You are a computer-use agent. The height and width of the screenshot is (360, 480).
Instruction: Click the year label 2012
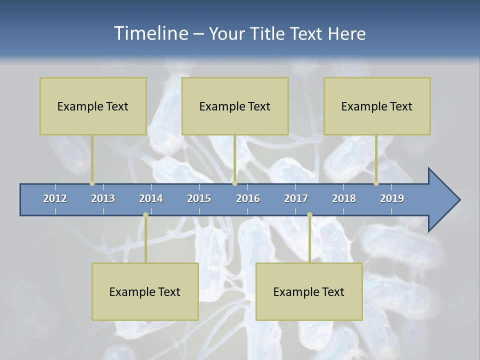[x=55, y=198]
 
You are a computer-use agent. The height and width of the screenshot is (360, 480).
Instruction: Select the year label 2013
[x=103, y=198]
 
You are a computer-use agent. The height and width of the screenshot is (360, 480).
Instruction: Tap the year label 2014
[x=151, y=198]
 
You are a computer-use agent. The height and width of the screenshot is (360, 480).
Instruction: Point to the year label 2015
[x=199, y=198]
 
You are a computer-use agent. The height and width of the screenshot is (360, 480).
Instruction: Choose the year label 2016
[x=248, y=198]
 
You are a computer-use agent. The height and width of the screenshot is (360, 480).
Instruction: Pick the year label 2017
[x=296, y=198]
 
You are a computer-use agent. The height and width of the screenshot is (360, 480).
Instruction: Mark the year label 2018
[x=344, y=198]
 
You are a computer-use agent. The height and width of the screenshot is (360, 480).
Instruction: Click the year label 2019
[x=392, y=198]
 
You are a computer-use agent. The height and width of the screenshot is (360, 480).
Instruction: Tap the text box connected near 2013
[x=93, y=106]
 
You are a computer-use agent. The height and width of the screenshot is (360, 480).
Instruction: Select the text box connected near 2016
[x=235, y=106]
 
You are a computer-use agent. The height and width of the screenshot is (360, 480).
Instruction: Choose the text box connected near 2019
[x=377, y=106]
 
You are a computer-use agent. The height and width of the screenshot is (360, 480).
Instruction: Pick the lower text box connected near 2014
[x=145, y=291]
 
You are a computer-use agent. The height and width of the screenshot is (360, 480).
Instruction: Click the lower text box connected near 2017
[x=309, y=291]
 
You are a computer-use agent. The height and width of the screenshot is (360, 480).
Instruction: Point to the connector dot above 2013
[x=92, y=183]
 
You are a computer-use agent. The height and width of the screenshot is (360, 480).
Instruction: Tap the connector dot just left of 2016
[x=234, y=183]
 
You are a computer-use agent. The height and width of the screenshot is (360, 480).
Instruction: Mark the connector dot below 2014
[x=145, y=215]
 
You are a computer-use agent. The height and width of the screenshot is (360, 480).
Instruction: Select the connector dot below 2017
[x=309, y=215]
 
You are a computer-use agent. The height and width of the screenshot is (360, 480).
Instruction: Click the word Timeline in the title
[x=150, y=33]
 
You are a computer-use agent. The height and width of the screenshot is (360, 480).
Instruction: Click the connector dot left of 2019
[x=376, y=183]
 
